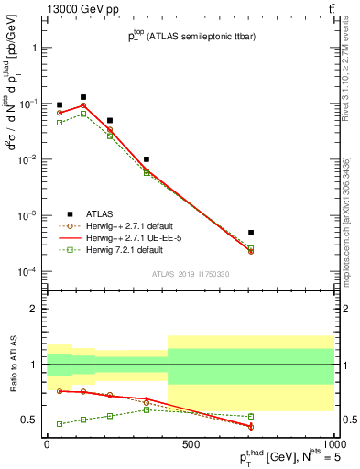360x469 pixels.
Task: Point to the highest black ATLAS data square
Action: click(x=83, y=96)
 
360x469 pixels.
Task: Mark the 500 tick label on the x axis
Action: click(x=190, y=446)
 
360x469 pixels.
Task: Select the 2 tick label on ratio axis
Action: click(x=33, y=309)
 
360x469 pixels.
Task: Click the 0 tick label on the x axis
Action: click(x=46, y=446)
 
